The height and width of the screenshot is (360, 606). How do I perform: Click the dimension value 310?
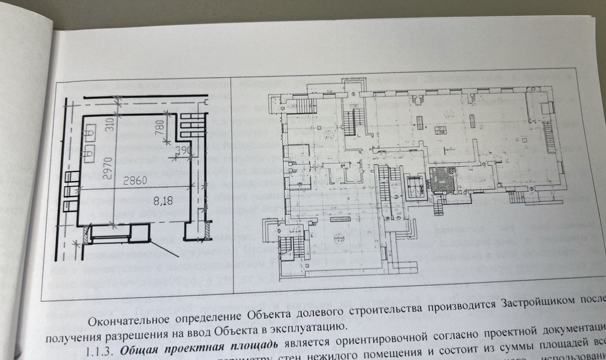point(109,124)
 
